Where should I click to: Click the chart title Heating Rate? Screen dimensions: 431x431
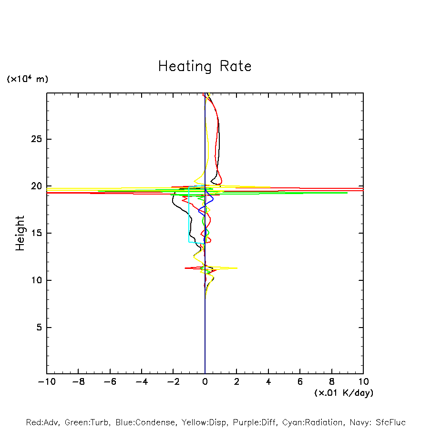205,66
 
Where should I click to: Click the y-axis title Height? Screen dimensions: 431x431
20,233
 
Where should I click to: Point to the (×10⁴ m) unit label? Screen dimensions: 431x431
27,79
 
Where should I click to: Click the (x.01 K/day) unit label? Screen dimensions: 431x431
344,393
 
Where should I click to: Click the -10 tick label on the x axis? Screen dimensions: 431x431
46,382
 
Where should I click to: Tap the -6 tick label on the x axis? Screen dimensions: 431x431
110,382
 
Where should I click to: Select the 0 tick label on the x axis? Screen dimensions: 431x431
205,382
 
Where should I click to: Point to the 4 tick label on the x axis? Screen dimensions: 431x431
268,382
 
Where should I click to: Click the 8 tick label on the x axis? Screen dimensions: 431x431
332,382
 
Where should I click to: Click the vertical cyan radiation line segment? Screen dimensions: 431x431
189,215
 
